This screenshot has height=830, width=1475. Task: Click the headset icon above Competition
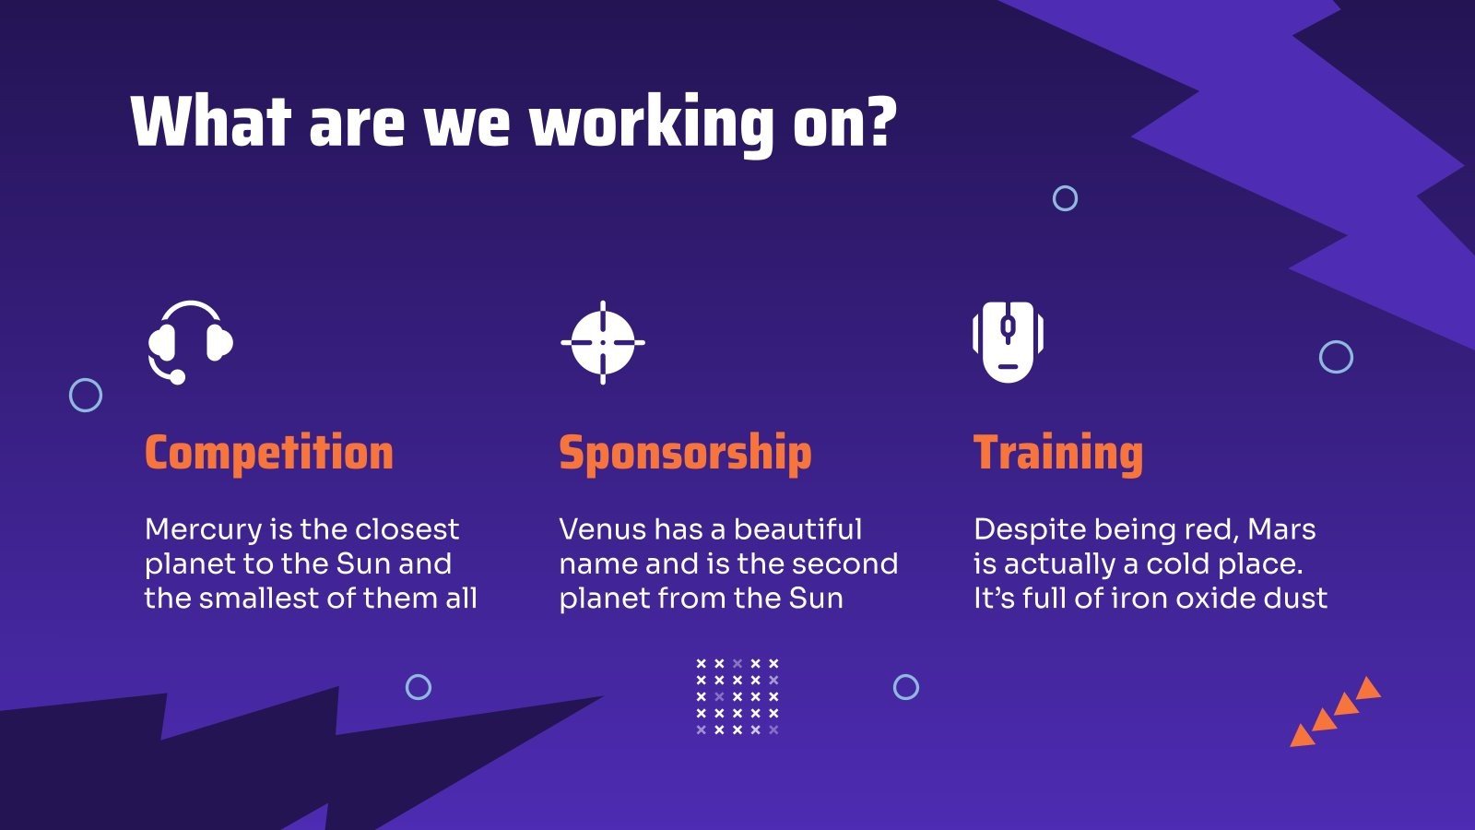click(x=190, y=341)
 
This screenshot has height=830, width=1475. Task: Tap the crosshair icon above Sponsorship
click(x=603, y=342)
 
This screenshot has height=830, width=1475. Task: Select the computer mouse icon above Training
click(x=1008, y=341)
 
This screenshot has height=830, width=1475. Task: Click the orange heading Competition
click(x=269, y=453)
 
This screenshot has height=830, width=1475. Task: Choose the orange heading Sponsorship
click(x=685, y=453)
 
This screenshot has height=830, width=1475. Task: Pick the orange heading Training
click(x=1058, y=453)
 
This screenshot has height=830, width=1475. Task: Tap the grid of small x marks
click(x=737, y=696)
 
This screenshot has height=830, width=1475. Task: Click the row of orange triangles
click(x=1335, y=712)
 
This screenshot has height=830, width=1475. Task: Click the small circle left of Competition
click(x=86, y=396)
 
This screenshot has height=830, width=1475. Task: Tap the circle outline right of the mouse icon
click(x=1336, y=357)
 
